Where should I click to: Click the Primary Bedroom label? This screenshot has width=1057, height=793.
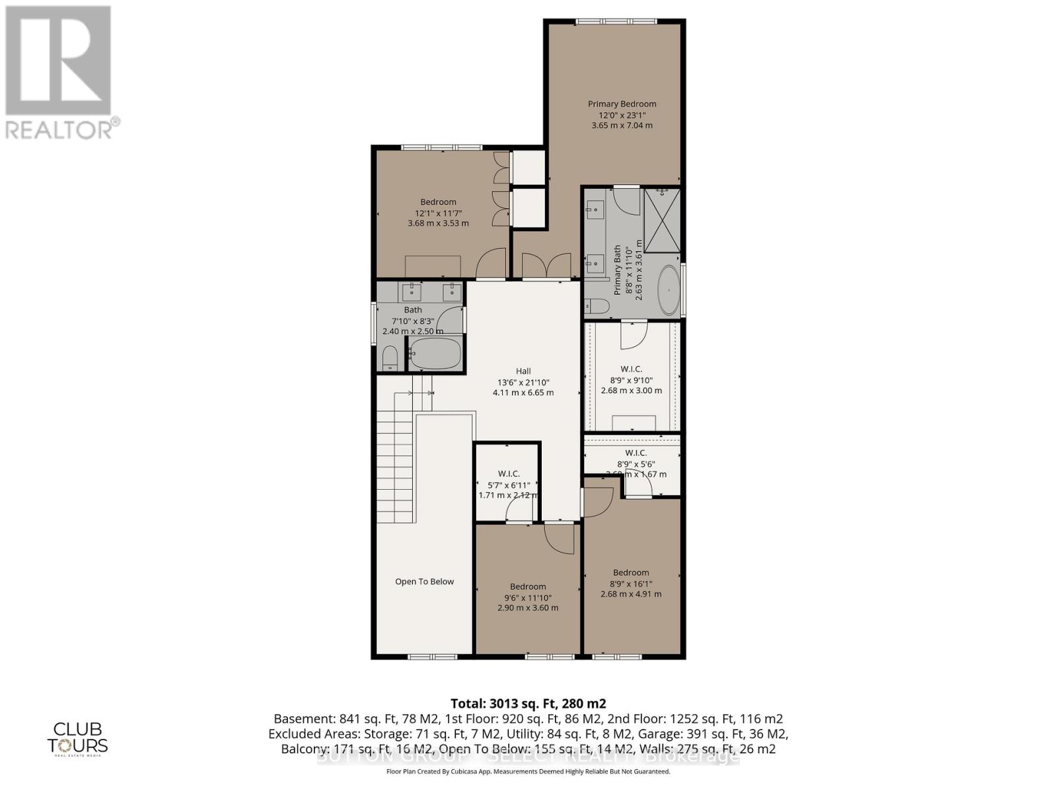pos(622,104)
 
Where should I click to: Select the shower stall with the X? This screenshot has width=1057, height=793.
pos(662,220)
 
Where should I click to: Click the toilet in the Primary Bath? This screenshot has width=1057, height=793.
pos(598,306)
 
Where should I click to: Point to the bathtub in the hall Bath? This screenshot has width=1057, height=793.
pos(435,354)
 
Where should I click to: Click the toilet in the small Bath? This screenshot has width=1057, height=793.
pos(390,358)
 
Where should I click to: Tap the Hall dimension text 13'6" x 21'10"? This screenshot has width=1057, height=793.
pos(523,382)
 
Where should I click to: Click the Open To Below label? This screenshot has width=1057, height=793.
pos(424,582)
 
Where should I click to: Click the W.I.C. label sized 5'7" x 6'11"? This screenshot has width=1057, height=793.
pos(508,474)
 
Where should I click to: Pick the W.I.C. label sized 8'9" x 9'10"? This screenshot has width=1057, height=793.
pos(631,369)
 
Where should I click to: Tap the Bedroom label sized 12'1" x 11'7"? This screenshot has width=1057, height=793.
pos(438,202)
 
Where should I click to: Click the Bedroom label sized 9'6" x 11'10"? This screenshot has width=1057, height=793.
pos(528,586)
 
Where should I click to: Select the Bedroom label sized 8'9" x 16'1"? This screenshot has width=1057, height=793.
pos(630,572)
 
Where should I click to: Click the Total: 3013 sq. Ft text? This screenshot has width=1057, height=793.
pos(528,703)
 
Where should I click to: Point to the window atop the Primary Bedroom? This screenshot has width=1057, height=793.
pos(616,22)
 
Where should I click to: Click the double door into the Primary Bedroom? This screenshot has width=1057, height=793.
pos(546,266)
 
